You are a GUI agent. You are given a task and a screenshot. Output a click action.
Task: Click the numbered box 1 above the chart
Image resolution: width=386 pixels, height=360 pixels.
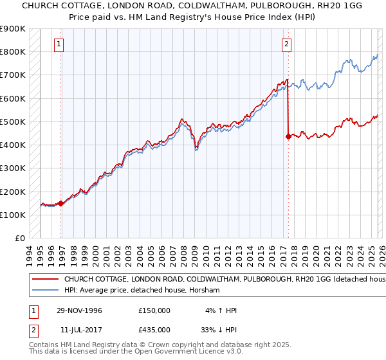(x=59, y=44)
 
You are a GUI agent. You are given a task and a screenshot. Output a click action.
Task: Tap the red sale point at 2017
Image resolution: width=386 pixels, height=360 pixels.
(x=288, y=136)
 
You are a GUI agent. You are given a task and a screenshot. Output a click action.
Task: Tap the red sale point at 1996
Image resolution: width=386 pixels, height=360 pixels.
(x=61, y=203)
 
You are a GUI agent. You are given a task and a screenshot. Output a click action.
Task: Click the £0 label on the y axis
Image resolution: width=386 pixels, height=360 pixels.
(x=19, y=239)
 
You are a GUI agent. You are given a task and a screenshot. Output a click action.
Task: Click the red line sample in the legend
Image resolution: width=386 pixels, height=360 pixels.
(x=46, y=280)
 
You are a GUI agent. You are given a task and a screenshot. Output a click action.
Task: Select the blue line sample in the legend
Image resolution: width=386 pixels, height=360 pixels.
(x=46, y=291)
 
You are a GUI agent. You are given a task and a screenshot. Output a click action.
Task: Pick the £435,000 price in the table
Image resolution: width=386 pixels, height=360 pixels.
(x=154, y=328)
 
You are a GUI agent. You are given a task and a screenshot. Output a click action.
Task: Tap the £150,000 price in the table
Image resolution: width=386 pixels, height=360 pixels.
(x=154, y=310)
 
